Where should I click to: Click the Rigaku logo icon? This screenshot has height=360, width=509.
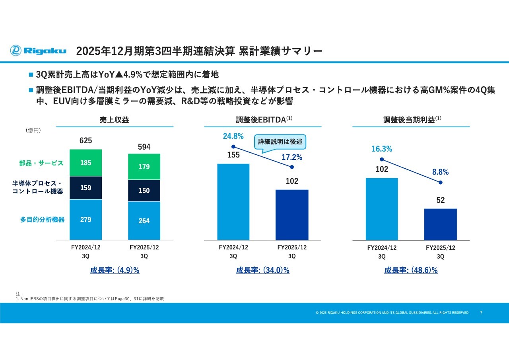(16, 51)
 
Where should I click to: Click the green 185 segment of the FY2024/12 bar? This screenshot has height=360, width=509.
(85, 163)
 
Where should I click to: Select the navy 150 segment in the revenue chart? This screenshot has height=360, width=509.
(144, 191)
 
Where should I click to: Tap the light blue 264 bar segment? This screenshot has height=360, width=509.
(144, 220)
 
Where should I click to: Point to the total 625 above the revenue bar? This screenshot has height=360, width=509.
(85, 140)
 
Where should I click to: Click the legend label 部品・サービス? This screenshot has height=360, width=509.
(41, 163)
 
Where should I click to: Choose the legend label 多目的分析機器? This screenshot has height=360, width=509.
(42, 220)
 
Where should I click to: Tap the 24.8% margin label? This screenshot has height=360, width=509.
(233, 136)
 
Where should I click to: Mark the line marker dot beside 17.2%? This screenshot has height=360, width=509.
(292, 167)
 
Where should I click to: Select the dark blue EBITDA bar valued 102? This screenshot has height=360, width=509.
(292, 215)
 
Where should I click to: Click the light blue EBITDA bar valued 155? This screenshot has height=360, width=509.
(233, 202)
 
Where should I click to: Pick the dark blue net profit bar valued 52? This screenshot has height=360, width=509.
(440, 224)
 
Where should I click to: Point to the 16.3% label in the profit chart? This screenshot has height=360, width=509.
(382, 149)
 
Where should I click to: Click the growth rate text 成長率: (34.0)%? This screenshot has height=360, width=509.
(262, 270)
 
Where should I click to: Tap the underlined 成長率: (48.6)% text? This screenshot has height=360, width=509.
(411, 270)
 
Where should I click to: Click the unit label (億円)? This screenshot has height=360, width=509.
(33, 130)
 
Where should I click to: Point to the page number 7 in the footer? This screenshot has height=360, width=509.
(481, 313)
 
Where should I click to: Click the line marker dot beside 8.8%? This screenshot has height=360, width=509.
(440, 183)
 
